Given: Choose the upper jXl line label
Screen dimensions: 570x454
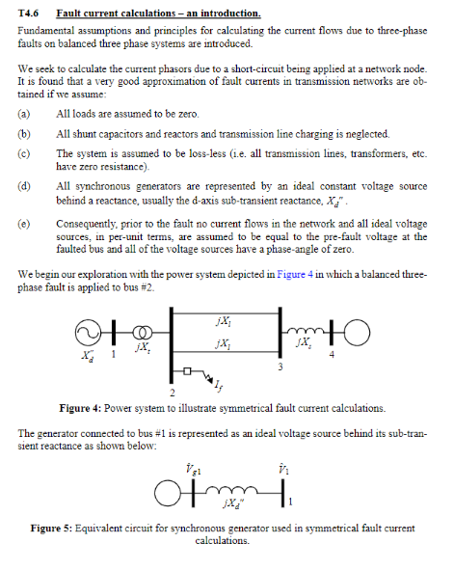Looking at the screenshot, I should tap(223, 319).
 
